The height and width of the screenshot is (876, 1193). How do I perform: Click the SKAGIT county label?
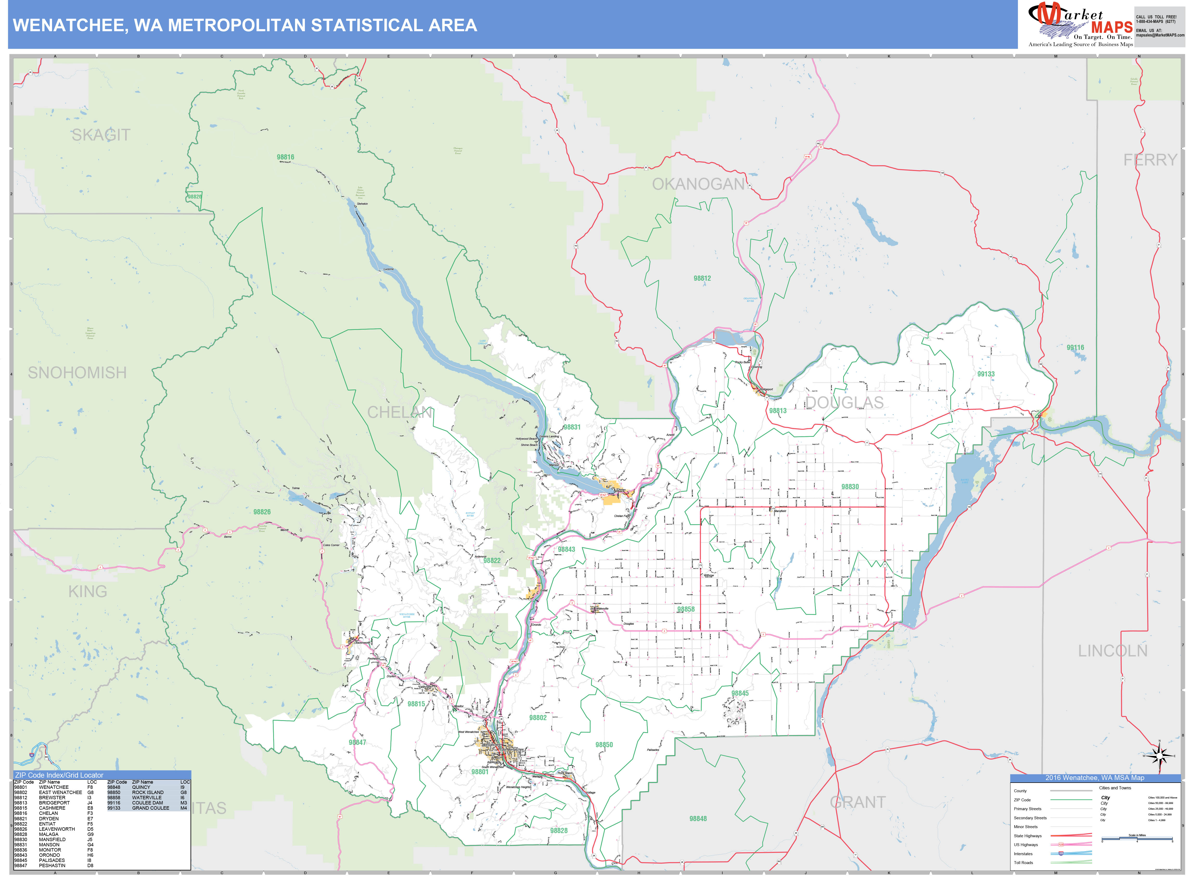coord(101,135)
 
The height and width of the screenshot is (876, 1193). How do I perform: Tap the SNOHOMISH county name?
coord(78,373)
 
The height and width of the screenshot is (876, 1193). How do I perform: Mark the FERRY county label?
coord(1150,159)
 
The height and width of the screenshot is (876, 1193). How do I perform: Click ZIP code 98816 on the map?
coord(285,157)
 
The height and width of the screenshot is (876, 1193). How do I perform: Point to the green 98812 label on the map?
coord(702,278)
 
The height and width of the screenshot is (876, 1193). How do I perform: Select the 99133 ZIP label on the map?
coord(986,374)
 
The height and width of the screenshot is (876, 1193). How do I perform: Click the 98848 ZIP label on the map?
coord(698,819)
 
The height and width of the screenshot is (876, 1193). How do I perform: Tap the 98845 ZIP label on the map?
coord(740,693)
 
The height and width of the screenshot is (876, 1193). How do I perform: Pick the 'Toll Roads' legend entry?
coord(1023,863)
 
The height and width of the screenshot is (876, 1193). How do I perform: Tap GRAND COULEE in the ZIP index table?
coord(151,808)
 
